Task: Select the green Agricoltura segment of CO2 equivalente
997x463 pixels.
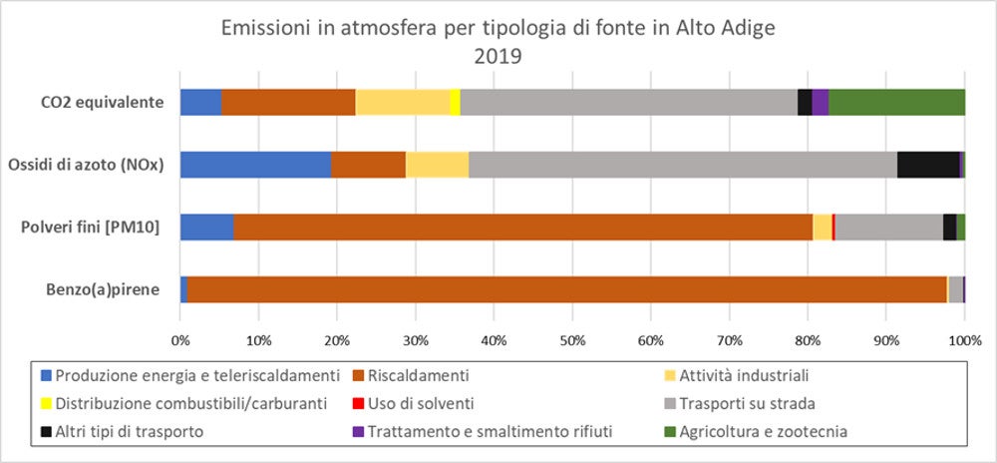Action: [x=896, y=102]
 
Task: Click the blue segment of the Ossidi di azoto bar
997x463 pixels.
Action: [x=255, y=165]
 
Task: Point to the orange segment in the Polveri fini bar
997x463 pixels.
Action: [x=522, y=228]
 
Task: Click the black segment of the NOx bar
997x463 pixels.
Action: [x=928, y=165]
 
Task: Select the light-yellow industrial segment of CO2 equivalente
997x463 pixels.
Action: [x=402, y=102]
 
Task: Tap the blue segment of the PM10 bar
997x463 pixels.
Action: [x=206, y=228]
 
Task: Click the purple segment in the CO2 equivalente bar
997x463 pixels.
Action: [x=821, y=102]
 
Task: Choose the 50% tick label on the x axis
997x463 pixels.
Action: [x=572, y=340]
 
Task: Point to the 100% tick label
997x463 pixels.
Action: [x=964, y=340]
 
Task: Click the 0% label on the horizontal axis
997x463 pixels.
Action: [x=180, y=340]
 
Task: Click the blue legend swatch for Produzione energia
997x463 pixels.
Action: [x=45, y=376]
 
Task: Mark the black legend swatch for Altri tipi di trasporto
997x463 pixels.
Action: [x=45, y=432]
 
